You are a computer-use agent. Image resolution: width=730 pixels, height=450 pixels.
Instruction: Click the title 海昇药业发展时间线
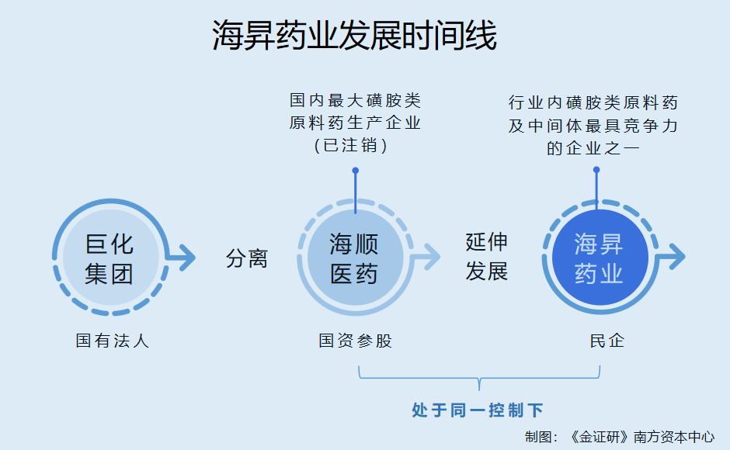pyautogui.click(x=354, y=36)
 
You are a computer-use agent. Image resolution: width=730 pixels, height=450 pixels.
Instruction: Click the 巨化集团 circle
pyautogui.click(x=111, y=258)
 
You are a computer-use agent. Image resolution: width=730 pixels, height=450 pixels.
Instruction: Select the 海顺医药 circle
pyautogui.click(x=355, y=258)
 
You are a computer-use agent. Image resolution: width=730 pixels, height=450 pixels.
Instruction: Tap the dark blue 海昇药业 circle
pyautogui.click(x=600, y=258)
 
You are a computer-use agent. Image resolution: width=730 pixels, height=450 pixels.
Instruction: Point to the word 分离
pyautogui.click(x=247, y=258)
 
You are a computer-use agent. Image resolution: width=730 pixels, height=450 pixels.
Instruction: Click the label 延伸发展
pyautogui.click(x=486, y=256)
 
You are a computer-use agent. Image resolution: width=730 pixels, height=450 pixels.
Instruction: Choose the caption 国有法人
pyautogui.click(x=112, y=341)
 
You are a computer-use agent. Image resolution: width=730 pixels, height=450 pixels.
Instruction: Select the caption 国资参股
pyautogui.click(x=355, y=341)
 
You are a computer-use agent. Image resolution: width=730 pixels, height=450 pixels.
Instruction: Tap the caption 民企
pyautogui.click(x=607, y=341)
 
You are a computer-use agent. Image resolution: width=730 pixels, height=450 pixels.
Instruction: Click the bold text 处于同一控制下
pyautogui.click(x=477, y=410)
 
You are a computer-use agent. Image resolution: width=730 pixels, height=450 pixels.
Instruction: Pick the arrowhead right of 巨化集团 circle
pyautogui.click(x=186, y=258)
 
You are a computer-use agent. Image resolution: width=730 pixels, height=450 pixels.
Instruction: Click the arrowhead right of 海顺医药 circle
pyautogui.click(x=432, y=257)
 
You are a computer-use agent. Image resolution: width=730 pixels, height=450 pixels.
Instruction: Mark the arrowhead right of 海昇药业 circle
pyautogui.click(x=676, y=256)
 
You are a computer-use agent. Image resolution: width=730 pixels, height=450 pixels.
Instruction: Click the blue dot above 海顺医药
pyautogui.click(x=355, y=171)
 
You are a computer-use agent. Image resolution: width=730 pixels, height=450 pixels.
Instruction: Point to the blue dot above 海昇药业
pyautogui.click(x=596, y=170)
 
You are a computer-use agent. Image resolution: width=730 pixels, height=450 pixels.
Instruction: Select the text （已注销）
pyautogui.click(x=350, y=146)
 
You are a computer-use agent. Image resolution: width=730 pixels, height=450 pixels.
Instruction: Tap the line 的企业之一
pyautogui.click(x=593, y=148)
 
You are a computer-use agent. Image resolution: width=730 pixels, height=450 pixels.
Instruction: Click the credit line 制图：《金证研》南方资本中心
pyautogui.click(x=620, y=437)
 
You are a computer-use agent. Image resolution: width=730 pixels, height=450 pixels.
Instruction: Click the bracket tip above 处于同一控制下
pyautogui.click(x=479, y=389)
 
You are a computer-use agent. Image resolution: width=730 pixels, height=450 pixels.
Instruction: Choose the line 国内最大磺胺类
pyautogui.click(x=355, y=100)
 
